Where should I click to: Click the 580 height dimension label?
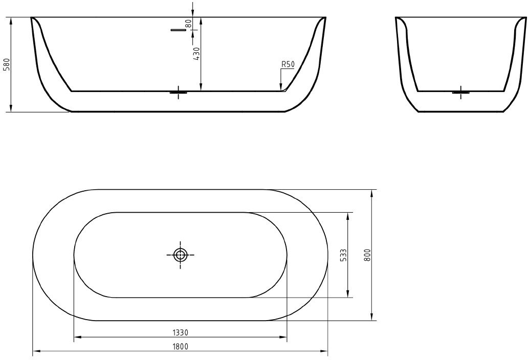[7, 64]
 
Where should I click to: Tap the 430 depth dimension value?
[196, 54]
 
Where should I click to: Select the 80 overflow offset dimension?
[188, 24]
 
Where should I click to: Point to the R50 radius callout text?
[288, 64]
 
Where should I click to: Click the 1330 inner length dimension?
[180, 333]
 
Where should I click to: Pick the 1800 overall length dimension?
[180, 346]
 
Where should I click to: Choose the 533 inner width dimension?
[343, 255]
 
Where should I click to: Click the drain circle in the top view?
[181, 255]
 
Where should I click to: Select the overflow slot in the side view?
[179, 30]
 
